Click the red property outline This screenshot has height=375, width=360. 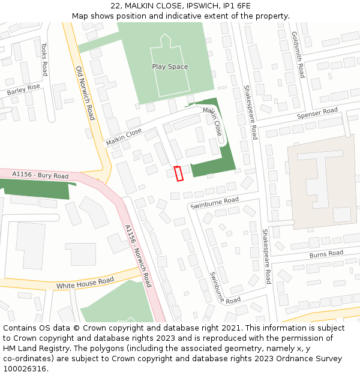click(178, 173)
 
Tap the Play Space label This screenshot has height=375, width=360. click(170, 67)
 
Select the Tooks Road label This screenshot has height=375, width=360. click(44, 59)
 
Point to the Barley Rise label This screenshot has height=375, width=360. click(23, 91)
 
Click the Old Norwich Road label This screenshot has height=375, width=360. click(85, 93)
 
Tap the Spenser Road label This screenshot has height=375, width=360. click(317, 112)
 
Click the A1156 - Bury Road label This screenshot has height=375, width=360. click(40, 175)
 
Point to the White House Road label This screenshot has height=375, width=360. click(85, 283)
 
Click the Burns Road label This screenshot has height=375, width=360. click(326, 254)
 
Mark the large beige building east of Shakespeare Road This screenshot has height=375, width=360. click(321, 180)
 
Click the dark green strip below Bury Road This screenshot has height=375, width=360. click(36, 188)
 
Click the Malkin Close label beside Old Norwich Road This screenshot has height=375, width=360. click(124, 137)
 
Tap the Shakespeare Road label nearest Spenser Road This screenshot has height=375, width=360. click(250, 112)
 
